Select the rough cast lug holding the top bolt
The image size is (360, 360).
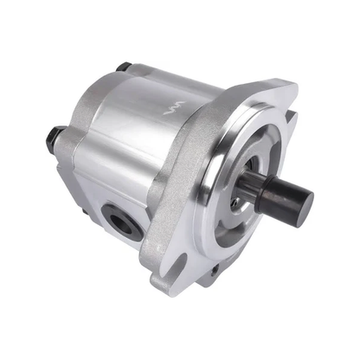coord(130,78)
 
